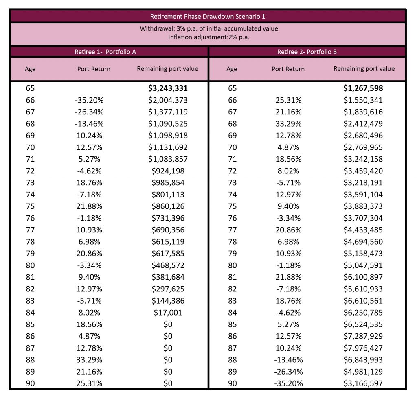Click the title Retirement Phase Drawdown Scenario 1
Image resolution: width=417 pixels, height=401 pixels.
(x=208, y=16)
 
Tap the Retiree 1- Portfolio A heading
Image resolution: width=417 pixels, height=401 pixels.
(x=105, y=52)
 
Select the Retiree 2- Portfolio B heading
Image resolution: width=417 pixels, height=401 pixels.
(x=307, y=52)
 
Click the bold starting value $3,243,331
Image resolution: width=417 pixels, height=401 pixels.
(x=168, y=88)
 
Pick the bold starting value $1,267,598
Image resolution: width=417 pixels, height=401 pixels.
(x=363, y=88)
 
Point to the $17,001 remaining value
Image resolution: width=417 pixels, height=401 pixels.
(x=168, y=313)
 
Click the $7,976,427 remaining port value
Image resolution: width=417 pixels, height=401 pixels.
(x=363, y=348)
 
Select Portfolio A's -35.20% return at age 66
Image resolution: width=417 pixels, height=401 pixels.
(x=89, y=100)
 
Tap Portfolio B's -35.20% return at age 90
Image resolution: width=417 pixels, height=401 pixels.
(x=289, y=383)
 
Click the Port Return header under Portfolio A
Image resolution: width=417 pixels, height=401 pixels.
(x=94, y=69)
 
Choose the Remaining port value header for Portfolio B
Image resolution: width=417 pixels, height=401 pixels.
(x=364, y=69)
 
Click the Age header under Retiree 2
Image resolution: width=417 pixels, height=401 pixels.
(x=232, y=69)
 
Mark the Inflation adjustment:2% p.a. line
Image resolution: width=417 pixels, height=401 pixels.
(x=209, y=37)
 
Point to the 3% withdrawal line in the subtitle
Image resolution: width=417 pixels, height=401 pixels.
(x=209, y=29)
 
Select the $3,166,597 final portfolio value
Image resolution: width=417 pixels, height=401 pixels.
(x=363, y=383)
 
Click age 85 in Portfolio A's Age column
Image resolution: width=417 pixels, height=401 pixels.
(x=30, y=324)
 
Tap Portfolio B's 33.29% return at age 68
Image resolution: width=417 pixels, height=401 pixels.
(x=289, y=124)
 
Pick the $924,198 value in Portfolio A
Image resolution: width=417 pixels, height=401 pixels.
(x=168, y=171)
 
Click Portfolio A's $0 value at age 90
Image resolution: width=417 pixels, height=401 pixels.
(x=168, y=383)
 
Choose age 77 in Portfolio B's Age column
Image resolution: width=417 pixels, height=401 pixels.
(x=233, y=230)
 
